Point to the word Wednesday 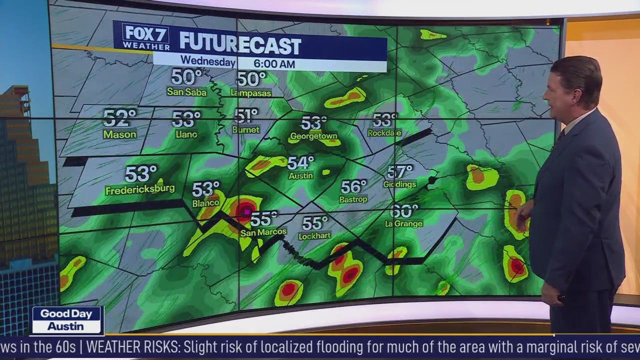coord(207,61)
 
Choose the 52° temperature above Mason coord(119,118)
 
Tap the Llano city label coord(186,134)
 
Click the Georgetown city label coord(314,136)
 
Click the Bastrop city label coord(354,199)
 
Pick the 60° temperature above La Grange coord(404,211)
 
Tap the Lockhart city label coord(314,235)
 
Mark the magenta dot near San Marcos coord(246,212)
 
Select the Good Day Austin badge coord(67,320)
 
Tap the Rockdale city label coord(384,133)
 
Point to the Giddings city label coord(400,184)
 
